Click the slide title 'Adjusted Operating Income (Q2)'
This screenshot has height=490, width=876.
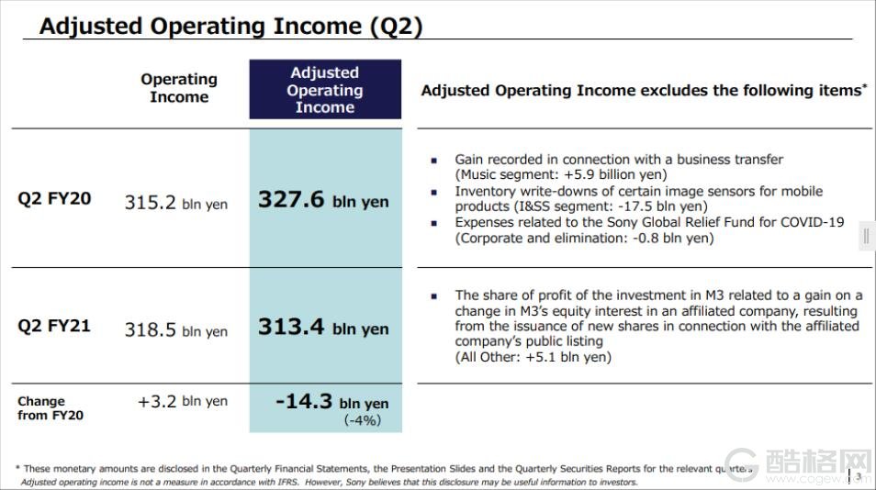point(230,27)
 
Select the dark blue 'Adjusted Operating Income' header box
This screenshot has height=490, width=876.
point(325,89)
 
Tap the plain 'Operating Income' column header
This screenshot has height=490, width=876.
point(179,87)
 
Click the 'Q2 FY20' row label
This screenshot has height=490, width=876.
point(54,199)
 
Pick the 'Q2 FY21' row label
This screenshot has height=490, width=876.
point(54,326)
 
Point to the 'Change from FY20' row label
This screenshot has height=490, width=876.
point(51,408)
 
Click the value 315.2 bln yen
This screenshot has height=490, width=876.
point(176,202)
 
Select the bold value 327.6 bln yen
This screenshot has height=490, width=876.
point(323,200)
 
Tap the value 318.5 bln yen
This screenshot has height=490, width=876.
point(176,329)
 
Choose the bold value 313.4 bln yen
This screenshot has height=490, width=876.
point(323,327)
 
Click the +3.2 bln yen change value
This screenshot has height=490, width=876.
point(183,401)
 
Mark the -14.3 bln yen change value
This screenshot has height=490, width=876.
point(332,402)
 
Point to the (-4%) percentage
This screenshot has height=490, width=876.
point(363,420)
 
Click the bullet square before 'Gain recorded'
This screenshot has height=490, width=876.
point(434,161)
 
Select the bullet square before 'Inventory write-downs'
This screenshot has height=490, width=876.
point(434,193)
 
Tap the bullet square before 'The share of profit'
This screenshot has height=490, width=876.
point(434,296)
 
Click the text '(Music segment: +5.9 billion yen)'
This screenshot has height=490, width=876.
point(561,174)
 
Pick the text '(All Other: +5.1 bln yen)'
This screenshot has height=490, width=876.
point(533,357)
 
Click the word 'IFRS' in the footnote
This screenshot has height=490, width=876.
point(287,482)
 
